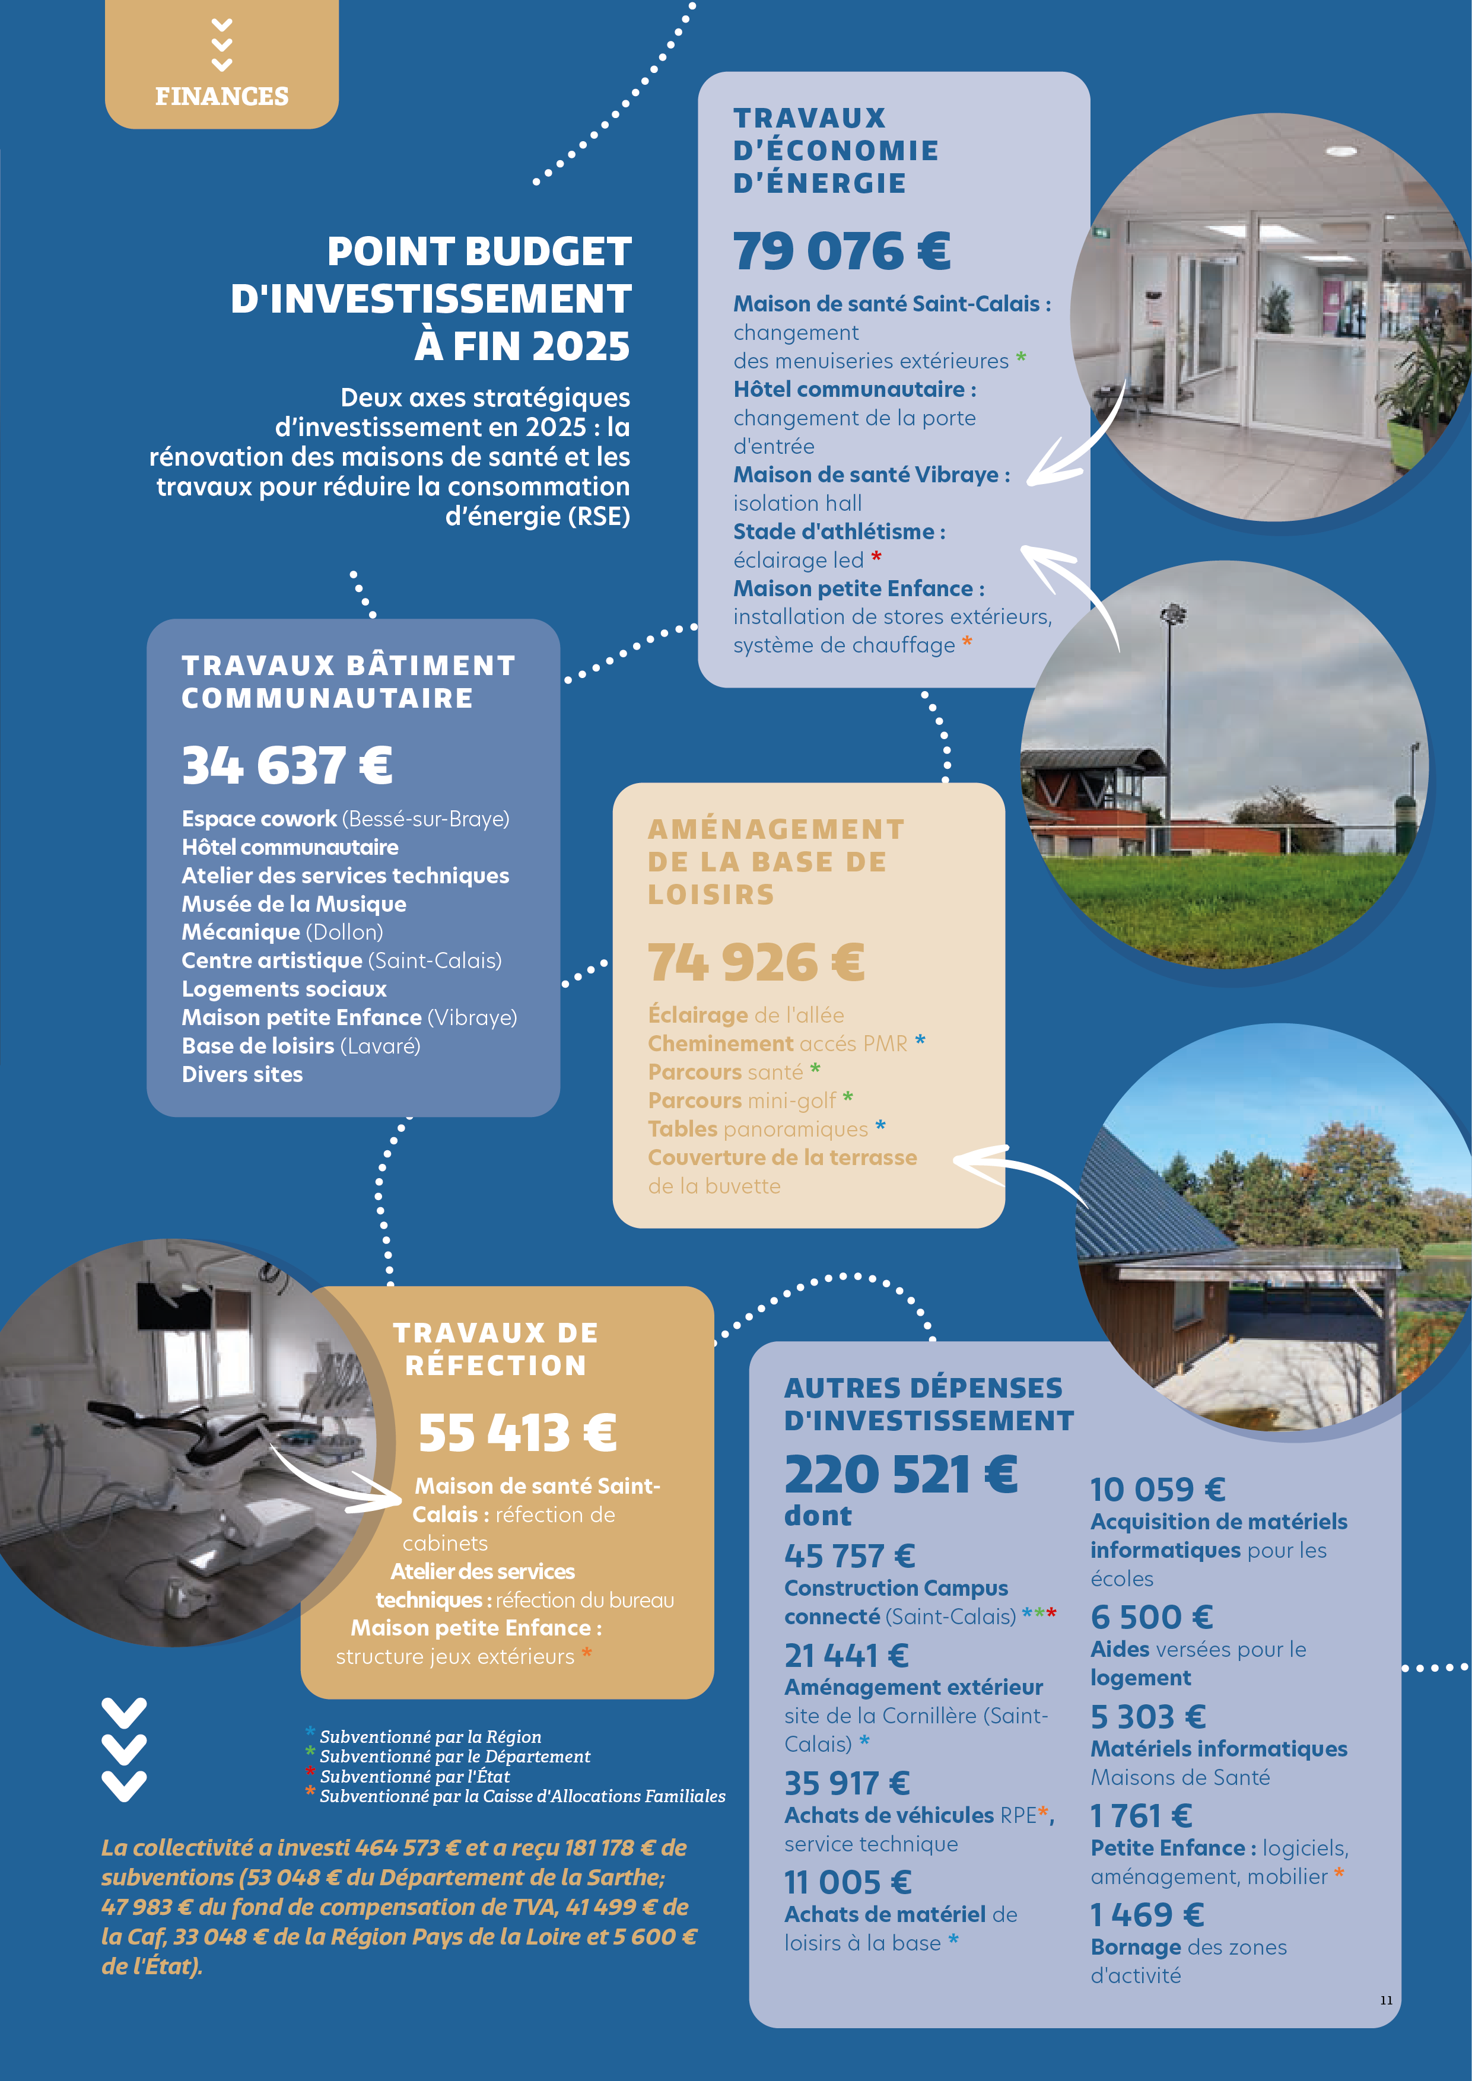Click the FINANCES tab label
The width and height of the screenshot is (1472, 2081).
click(x=221, y=96)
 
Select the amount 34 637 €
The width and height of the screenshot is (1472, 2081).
click(x=287, y=765)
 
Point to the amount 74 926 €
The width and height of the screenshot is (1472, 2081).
click(x=755, y=963)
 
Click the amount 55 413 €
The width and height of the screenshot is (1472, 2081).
click(x=517, y=1433)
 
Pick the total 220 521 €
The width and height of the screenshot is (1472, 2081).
click(x=900, y=1475)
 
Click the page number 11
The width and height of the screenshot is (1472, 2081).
click(x=1386, y=1999)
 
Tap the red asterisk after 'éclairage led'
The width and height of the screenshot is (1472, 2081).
click(x=876, y=556)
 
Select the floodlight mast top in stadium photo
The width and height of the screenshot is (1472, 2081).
click(x=1174, y=613)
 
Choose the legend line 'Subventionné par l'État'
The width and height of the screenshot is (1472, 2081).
click(x=414, y=1777)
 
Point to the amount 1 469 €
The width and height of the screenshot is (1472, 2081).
click(x=1147, y=1915)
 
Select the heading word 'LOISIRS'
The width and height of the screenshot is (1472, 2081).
click(x=711, y=896)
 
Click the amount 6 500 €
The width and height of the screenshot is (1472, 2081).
click(x=1151, y=1617)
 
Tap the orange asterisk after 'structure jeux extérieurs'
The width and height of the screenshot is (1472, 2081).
click(x=586, y=1653)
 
